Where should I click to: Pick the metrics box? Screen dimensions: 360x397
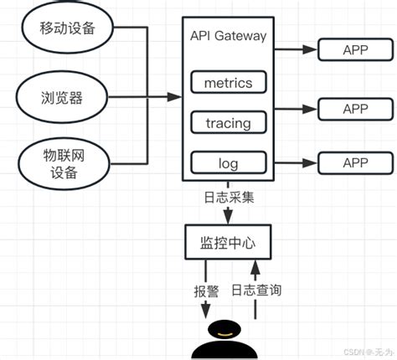(x=228, y=82)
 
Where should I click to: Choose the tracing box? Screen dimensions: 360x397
(x=228, y=122)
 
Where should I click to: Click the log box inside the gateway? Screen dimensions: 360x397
(x=228, y=162)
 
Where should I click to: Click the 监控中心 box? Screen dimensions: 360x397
(x=229, y=242)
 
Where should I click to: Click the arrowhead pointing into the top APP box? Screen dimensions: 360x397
(x=312, y=49)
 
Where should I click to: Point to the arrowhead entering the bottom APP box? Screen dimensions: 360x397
(x=312, y=162)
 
